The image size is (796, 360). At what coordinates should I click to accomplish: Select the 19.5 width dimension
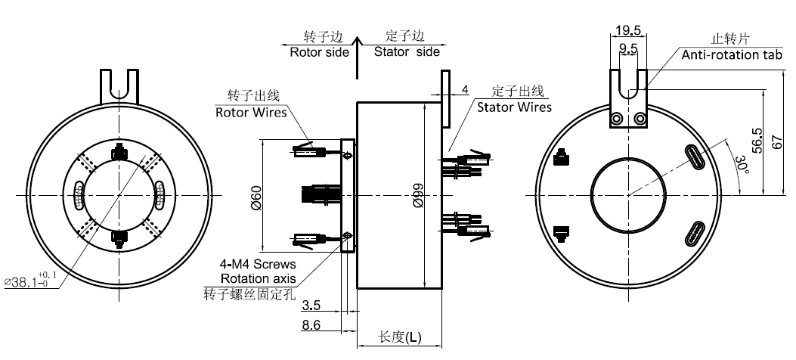tap(628, 30)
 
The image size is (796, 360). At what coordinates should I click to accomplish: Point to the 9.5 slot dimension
tap(628, 48)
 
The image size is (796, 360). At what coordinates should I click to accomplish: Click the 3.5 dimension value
tap(310, 306)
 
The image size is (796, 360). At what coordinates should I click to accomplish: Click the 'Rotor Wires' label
tap(251, 113)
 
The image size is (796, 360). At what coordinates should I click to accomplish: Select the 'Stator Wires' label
tap(514, 107)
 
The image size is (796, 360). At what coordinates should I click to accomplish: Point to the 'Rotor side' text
tap(319, 52)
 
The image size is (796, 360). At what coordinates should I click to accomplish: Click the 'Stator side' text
tap(406, 52)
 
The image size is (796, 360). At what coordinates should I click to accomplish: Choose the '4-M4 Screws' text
tap(256, 265)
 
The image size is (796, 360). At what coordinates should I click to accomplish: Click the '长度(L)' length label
tap(400, 337)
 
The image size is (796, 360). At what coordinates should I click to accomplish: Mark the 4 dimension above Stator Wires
tap(465, 90)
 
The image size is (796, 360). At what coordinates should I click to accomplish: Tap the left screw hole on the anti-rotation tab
tap(618, 118)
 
